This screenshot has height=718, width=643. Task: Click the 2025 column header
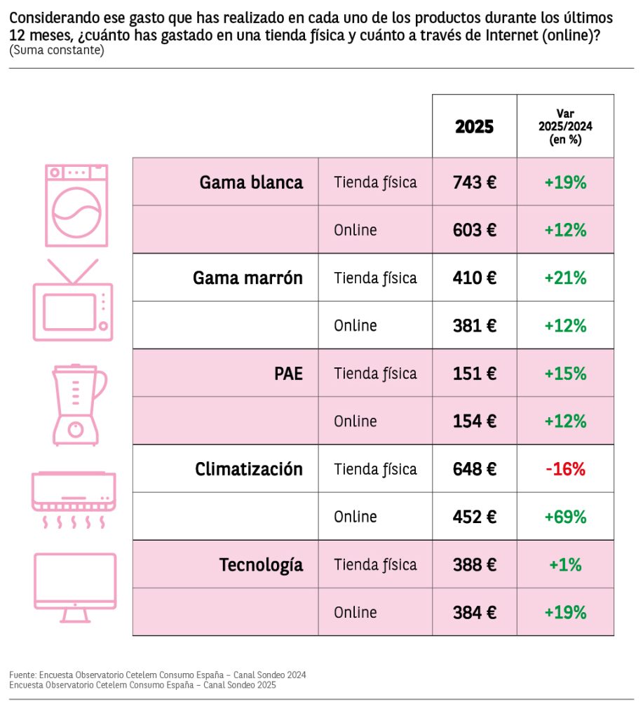474,126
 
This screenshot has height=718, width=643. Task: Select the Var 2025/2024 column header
565,126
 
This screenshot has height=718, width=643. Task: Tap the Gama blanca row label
251,182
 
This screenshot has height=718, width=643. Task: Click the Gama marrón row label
248,278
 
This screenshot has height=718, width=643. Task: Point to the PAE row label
288,373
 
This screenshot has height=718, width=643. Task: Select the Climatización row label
249,469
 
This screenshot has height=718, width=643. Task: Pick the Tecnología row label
261,564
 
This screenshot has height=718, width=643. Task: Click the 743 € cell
474,182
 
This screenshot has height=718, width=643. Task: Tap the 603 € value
474,230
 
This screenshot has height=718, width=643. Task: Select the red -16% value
565,469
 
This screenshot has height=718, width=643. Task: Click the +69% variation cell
565,517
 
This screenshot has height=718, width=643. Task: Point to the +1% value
565,564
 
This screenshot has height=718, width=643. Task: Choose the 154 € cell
474,421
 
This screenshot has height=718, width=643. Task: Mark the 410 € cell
474,278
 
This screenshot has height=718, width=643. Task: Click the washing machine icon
76,205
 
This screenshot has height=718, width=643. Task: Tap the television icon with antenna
73,300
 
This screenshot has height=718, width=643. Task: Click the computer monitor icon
75,587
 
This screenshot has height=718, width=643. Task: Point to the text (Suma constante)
57,51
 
